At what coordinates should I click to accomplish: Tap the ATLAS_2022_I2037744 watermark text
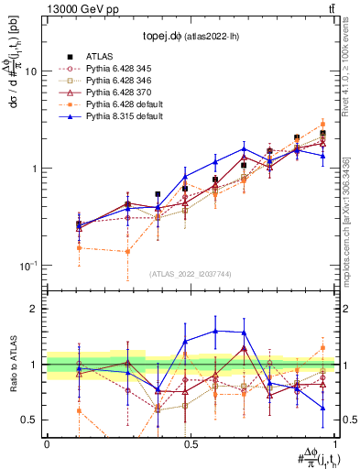(190, 274)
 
